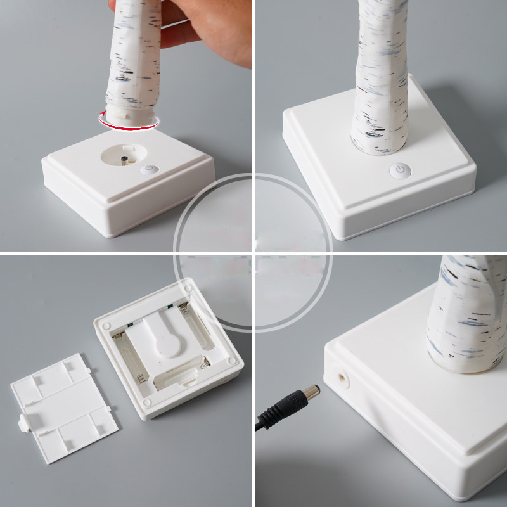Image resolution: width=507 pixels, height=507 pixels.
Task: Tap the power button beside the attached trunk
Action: pos(399,170)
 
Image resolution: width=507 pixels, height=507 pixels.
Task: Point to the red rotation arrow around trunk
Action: pos(127,125)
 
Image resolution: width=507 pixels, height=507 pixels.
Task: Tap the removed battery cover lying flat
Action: pos(63,406)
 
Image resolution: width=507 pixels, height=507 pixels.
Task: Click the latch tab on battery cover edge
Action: pos(24,423)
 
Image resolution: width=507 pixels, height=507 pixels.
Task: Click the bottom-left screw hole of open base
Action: pos(148,401)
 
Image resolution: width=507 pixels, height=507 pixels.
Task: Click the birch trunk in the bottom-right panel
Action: pos(466,311)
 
